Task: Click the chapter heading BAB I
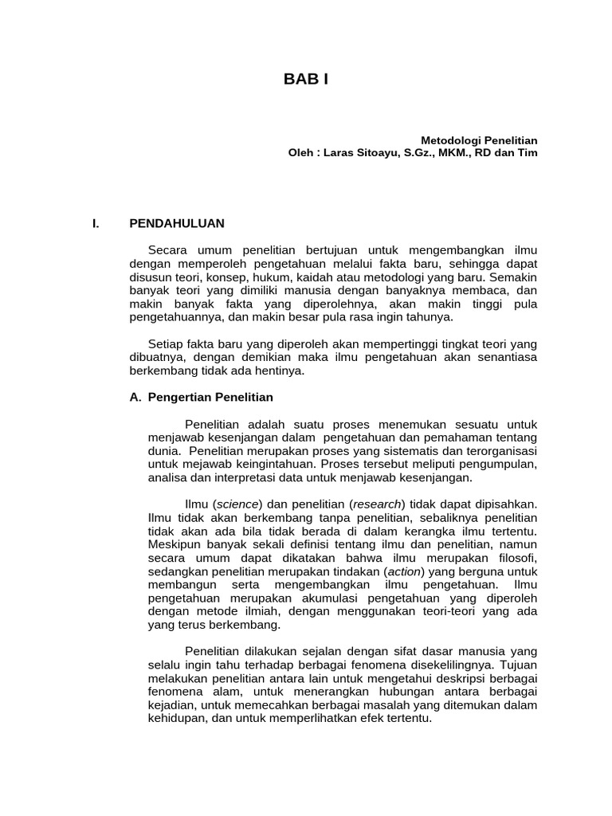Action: coord(306,79)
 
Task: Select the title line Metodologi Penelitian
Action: coord(479,139)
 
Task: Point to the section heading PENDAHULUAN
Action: coord(177,223)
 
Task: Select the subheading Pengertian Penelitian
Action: coord(211,397)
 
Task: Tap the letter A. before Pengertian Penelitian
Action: coord(135,397)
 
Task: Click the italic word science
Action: coord(238,504)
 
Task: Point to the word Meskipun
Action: coord(175,544)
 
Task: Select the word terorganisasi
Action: coord(496,451)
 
